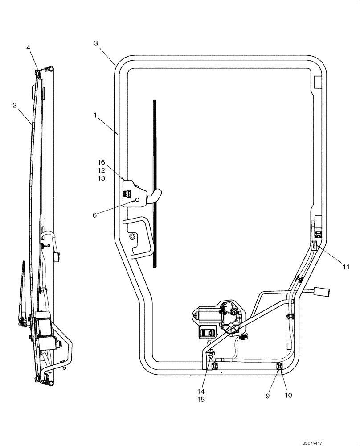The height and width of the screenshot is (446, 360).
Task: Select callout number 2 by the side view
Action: tap(15, 106)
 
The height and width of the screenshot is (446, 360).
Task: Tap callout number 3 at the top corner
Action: tap(96, 43)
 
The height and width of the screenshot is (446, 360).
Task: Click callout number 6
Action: tap(94, 215)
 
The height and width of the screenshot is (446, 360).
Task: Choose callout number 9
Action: tap(268, 396)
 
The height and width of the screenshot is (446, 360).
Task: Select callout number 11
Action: tap(346, 267)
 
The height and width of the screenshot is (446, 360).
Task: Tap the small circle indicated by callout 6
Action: tap(138, 200)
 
